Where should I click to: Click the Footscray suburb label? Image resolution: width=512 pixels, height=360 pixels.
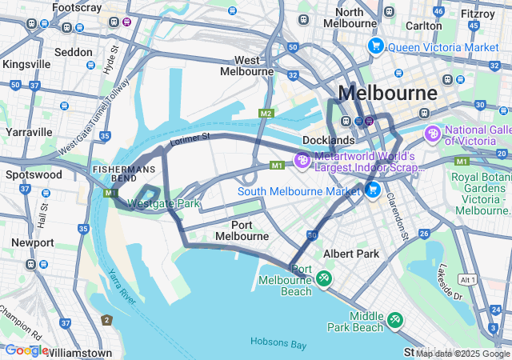(x=77, y=7)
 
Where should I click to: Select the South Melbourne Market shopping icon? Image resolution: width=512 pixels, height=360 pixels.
(x=372, y=190)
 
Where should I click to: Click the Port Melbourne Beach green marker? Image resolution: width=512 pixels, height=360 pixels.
(x=324, y=278)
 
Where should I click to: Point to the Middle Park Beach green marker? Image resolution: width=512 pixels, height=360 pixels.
(x=394, y=320)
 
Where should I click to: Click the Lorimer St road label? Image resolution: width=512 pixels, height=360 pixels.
(x=190, y=139)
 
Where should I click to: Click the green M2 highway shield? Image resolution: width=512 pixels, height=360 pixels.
(x=266, y=114)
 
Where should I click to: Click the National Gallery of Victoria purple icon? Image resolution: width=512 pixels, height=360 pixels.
(x=433, y=133)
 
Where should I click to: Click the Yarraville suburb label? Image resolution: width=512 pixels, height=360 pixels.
(x=29, y=131)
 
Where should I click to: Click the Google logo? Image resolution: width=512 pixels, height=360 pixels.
(x=26, y=350)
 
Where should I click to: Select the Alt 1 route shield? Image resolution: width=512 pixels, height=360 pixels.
(x=469, y=280)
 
